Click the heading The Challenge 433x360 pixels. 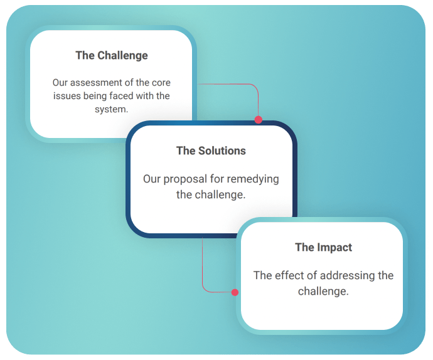(112, 56)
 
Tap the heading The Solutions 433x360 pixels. (211, 151)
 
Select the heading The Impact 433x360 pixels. (323, 247)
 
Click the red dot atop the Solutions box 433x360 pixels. (259, 120)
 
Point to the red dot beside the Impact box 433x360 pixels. (235, 292)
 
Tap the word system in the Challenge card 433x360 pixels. (110, 110)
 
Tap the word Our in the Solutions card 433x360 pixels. (152, 179)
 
